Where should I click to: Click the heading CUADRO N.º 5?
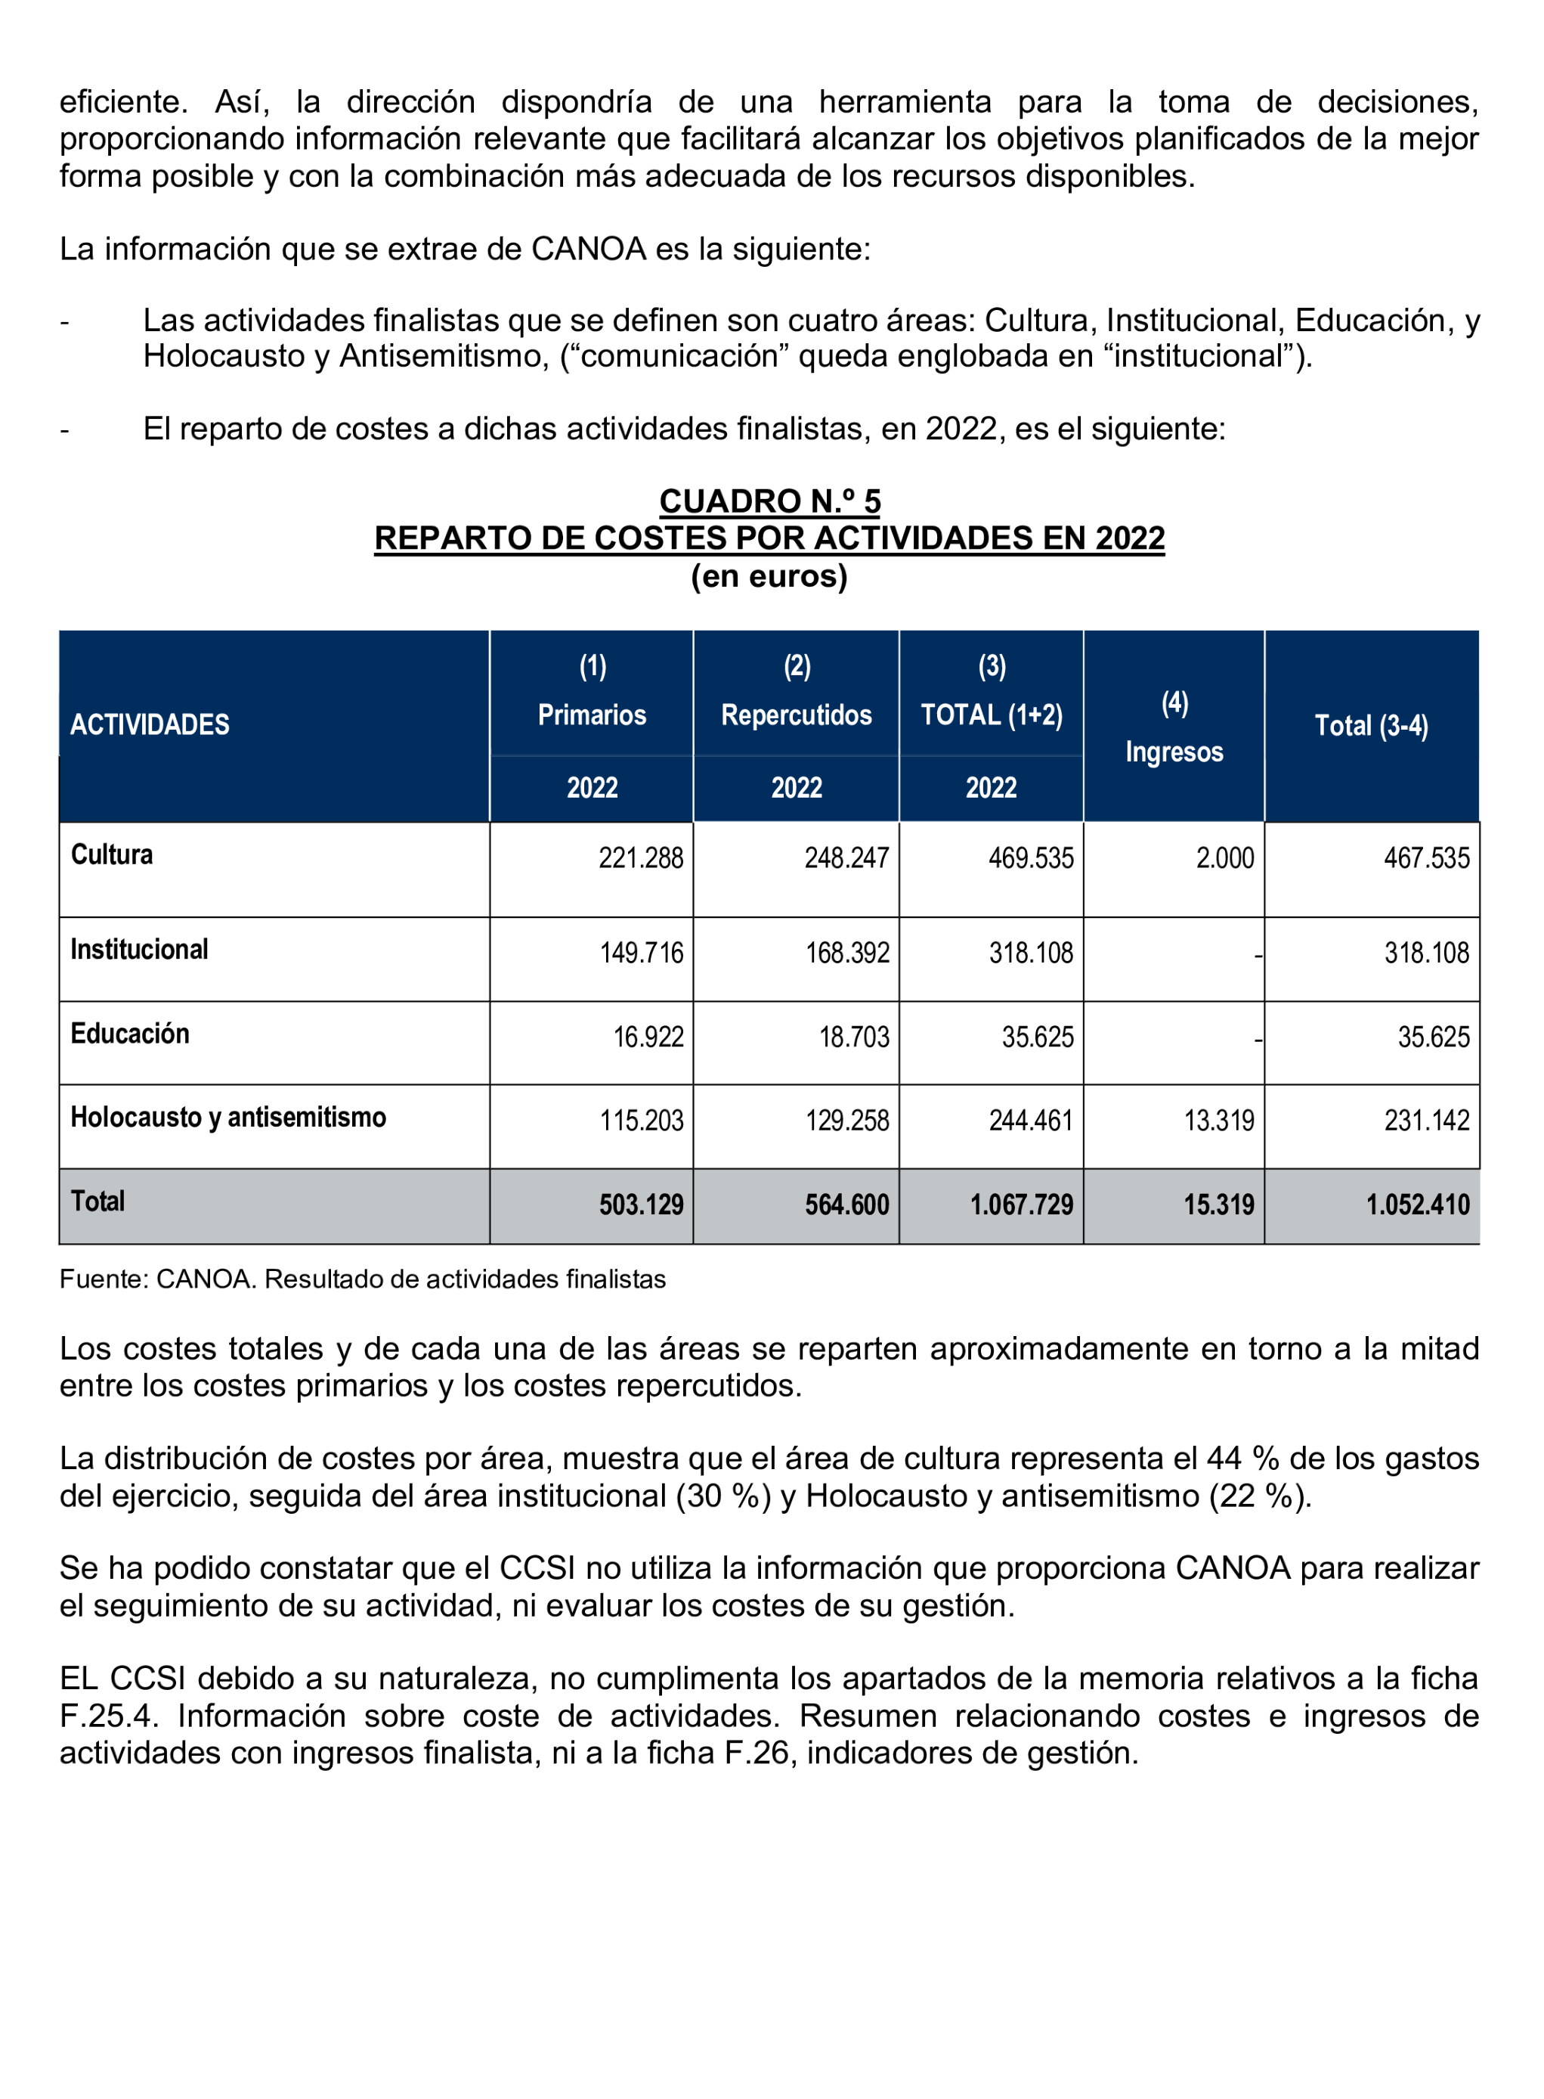pyautogui.click(x=769, y=501)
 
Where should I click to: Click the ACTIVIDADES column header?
pyautogui.click(x=150, y=724)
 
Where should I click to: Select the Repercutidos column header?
pyautogui.click(x=797, y=715)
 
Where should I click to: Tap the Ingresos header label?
pyautogui.click(x=1174, y=752)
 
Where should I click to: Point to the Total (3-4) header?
pyautogui.click(x=1371, y=726)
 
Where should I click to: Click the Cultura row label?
pyautogui.click(x=112, y=854)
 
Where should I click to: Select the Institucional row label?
pyautogui.click(x=139, y=949)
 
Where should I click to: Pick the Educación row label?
pyautogui.click(x=130, y=1033)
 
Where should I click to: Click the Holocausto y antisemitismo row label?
pyautogui.click(x=228, y=1118)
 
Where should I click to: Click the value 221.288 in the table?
pyautogui.click(x=641, y=858)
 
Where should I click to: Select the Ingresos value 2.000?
pyautogui.click(x=1225, y=858)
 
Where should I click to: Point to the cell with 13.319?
pyautogui.click(x=1219, y=1120)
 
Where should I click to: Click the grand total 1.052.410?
pyautogui.click(x=1418, y=1205)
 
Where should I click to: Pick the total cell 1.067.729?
pyautogui.click(x=1022, y=1205)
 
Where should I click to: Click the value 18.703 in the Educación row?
pyautogui.click(x=854, y=1037)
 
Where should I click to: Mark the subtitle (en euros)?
pyautogui.click(x=769, y=576)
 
